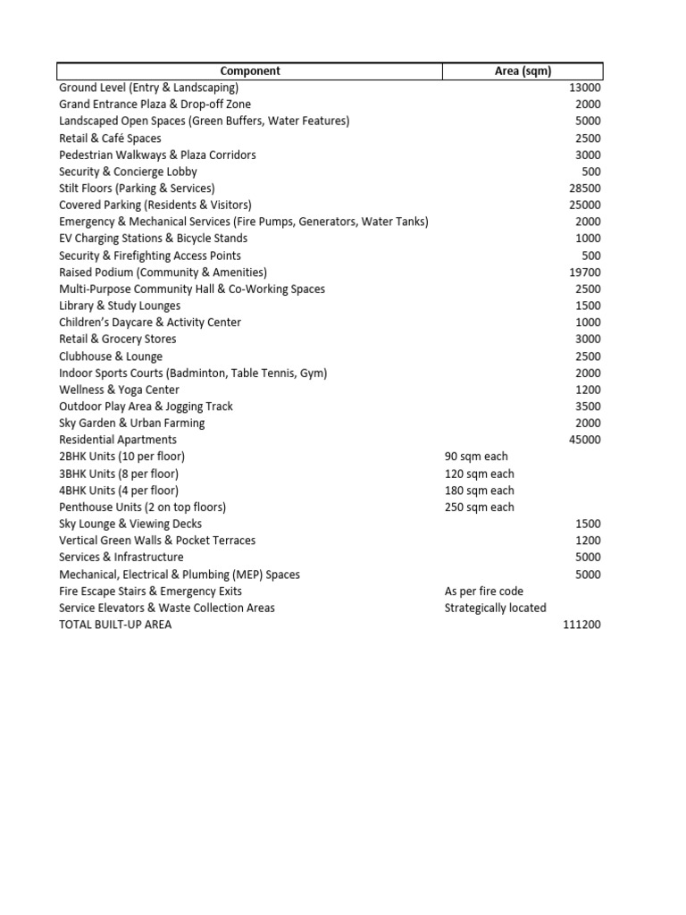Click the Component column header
[250, 71]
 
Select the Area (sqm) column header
[523, 71]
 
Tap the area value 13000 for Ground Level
[585, 88]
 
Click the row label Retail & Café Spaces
[110, 139]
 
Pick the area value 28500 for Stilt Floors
[585, 189]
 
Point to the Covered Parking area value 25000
[585, 206]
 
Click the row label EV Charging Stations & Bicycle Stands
[153, 239]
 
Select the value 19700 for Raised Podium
[585, 273]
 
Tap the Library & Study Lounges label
[120, 306]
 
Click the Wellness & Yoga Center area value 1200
[588, 390]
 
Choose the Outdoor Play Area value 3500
[588, 407]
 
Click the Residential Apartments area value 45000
[585, 440]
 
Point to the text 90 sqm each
[476, 457]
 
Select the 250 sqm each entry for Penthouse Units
[479, 508]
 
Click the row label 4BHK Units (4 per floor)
[119, 491]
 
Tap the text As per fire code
[484, 592]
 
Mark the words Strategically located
[495, 609]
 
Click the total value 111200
[582, 625]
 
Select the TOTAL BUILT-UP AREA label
[115, 625]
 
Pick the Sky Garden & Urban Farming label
[131, 424]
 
